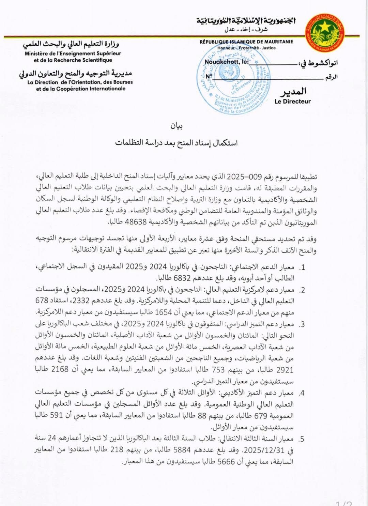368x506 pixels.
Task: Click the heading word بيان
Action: point(177,126)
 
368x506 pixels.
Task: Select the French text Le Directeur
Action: point(292,101)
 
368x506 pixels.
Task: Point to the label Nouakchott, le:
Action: point(227,62)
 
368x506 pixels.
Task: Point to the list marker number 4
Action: point(301,394)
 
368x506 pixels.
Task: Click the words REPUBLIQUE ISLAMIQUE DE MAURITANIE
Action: point(246,42)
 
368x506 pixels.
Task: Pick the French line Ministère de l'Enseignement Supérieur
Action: point(73,53)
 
